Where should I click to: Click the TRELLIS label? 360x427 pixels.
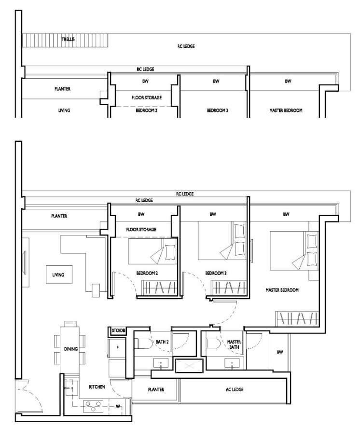[68, 39]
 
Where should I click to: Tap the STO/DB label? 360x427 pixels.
[118, 331]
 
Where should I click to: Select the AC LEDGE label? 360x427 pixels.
[235, 389]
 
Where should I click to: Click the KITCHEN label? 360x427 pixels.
[97, 386]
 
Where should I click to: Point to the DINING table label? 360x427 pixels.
[71, 349]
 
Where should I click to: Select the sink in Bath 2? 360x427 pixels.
[161, 363]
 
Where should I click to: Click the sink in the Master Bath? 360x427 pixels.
[232, 363]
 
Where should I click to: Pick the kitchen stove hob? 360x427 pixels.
[93, 406]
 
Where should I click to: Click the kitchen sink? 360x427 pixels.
[71, 388]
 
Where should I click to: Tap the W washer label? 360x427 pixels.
[118, 407]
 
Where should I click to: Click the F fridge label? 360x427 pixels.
[117, 348]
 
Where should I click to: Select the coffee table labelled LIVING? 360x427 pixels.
[59, 275]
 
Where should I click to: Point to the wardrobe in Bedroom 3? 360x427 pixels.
[229, 288]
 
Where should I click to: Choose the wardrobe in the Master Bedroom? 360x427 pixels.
[297, 318]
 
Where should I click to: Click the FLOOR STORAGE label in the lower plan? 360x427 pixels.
[141, 230]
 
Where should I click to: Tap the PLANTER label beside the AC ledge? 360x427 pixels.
[156, 390]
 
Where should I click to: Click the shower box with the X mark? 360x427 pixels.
[189, 366]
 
